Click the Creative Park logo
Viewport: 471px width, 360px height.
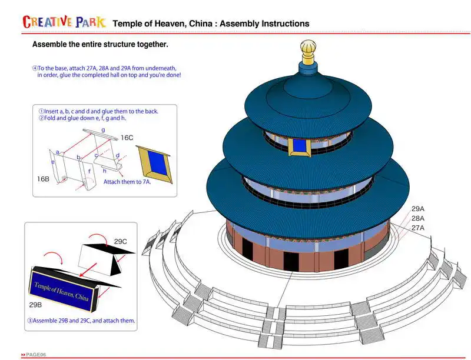pos(64,22)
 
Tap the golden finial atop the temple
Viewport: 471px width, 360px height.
pos(307,52)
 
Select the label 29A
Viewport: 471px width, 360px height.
pos(418,209)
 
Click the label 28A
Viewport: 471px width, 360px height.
pos(418,218)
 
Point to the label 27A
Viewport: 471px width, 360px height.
pos(418,228)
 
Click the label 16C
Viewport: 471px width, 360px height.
pos(127,138)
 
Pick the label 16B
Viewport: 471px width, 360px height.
pos(43,178)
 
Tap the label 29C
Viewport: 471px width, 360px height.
pos(121,241)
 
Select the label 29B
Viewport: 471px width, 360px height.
pos(35,305)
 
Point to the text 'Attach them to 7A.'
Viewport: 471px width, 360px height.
pos(127,182)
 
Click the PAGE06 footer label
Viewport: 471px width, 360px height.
pos(34,354)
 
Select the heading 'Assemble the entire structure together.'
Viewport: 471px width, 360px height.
pos(100,44)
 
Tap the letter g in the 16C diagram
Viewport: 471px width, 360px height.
pos(103,129)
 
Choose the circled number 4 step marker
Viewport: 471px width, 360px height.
pos(35,68)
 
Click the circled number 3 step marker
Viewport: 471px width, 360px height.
pos(30,321)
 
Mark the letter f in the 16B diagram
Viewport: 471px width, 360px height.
pos(89,172)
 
